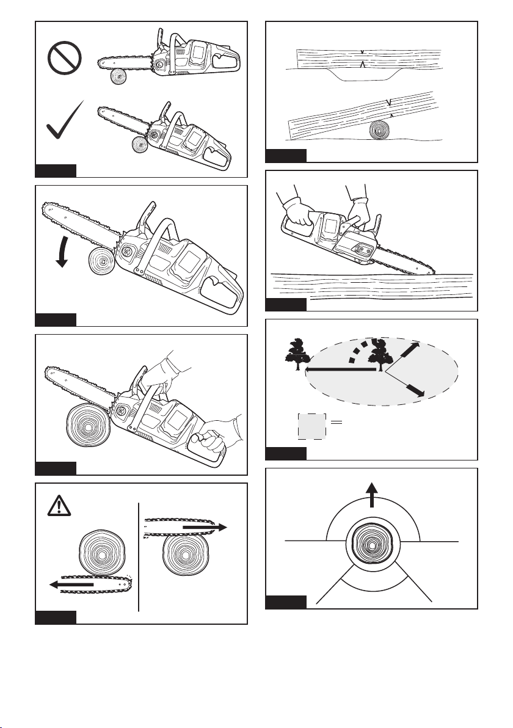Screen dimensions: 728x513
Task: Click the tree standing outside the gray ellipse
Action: pos(297,355)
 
